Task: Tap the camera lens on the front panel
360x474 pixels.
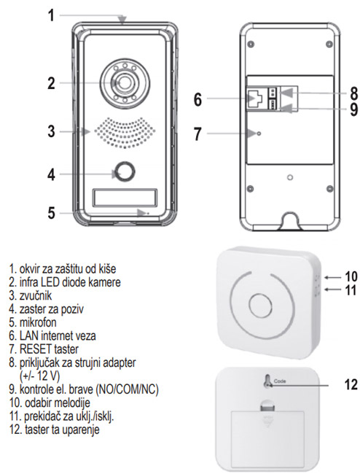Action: click(122, 83)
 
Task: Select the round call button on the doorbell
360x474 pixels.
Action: click(122, 173)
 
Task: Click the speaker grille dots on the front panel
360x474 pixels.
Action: click(122, 132)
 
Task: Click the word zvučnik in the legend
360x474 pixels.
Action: click(36, 295)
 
